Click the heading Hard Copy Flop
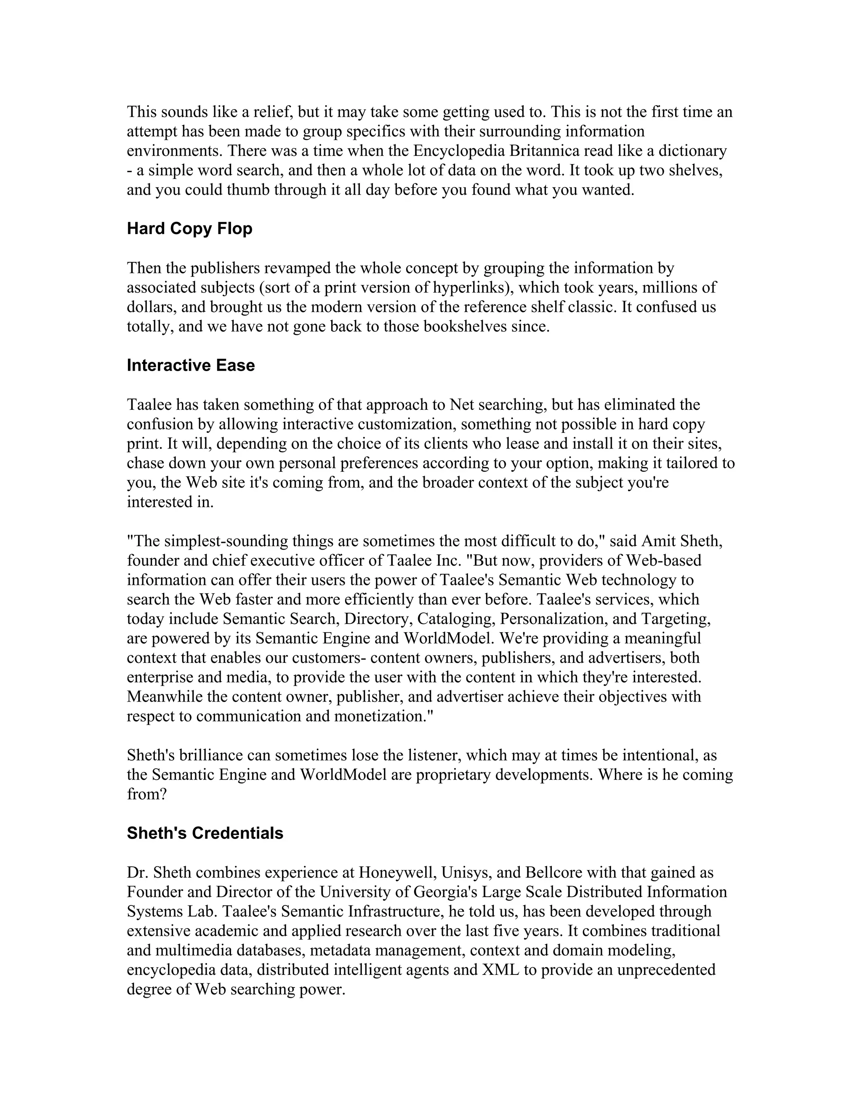[x=189, y=228]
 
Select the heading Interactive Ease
[x=191, y=366]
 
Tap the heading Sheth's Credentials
[x=205, y=833]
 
